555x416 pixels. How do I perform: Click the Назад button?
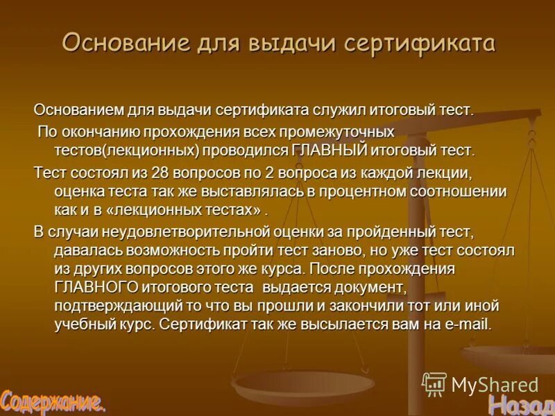pos(520,403)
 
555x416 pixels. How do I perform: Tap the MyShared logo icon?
pos(434,383)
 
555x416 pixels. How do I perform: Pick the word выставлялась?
pos(218,191)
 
